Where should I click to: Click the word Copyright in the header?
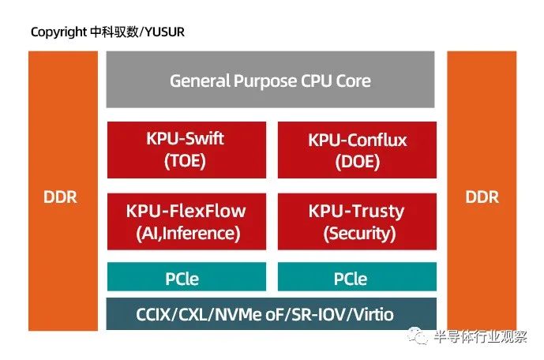click(58, 32)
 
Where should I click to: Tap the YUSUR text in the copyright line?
click(164, 32)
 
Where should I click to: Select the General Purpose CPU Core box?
click(270, 80)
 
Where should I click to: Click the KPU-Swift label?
click(185, 138)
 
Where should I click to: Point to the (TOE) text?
click(185, 161)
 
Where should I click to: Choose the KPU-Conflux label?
click(358, 140)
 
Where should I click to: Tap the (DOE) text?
click(358, 162)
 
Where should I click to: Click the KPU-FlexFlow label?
click(186, 211)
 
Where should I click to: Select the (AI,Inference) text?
click(188, 233)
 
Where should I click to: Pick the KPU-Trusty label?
click(357, 212)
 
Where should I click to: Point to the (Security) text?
click(359, 234)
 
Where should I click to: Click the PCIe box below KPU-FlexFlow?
click(186, 276)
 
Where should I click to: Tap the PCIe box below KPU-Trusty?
click(357, 276)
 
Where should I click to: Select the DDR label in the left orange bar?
click(60, 197)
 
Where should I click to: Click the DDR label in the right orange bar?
click(482, 197)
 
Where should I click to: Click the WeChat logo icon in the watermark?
click(418, 336)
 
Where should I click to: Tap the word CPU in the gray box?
click(316, 81)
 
